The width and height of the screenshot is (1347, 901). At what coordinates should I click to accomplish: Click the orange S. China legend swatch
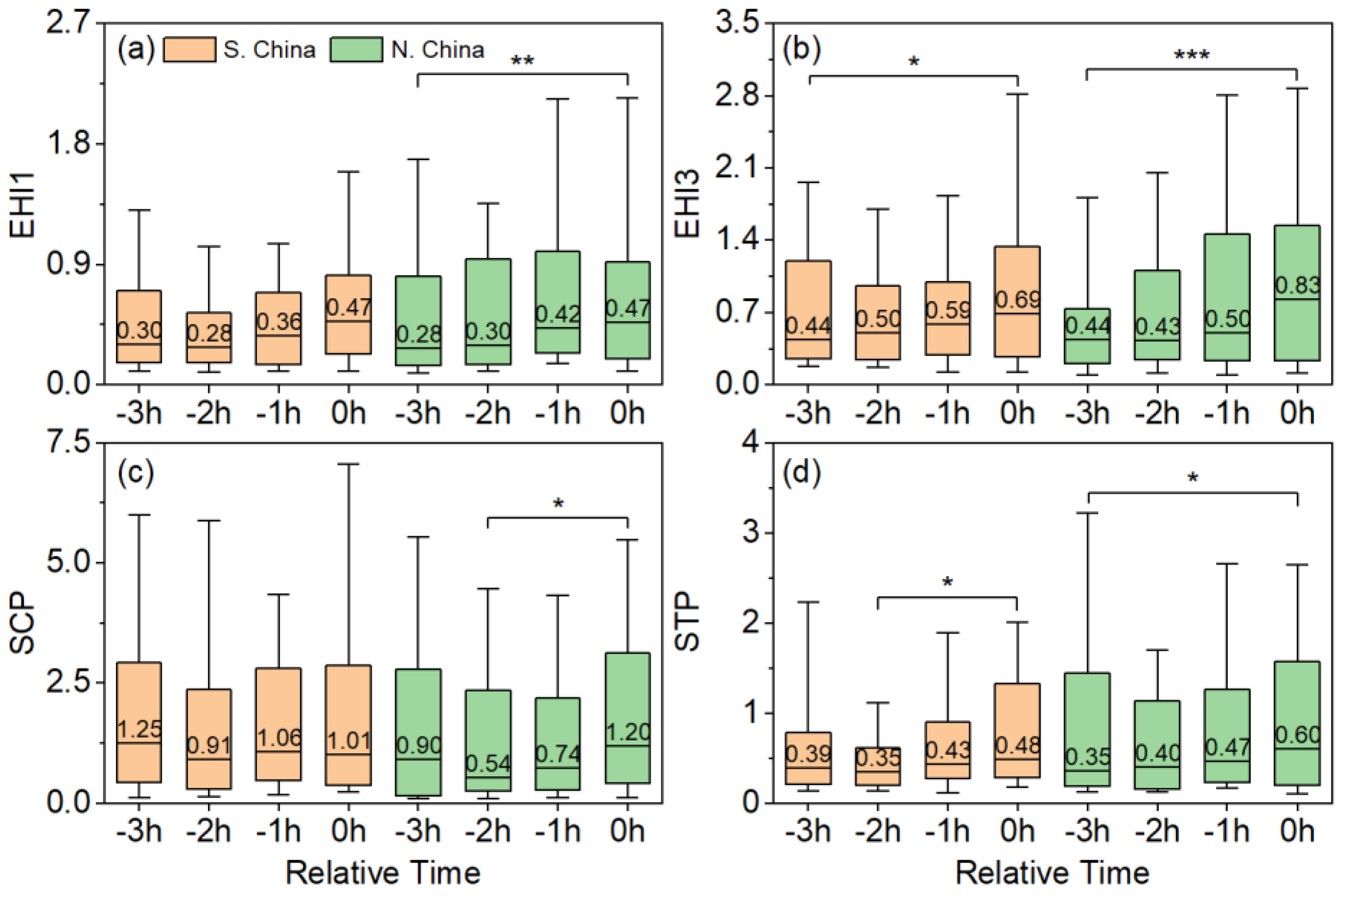190,49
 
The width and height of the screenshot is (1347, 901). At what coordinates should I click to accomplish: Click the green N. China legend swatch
356,49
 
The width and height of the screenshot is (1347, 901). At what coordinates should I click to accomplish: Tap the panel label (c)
136,473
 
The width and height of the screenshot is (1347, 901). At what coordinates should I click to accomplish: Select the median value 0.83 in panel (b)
1298,285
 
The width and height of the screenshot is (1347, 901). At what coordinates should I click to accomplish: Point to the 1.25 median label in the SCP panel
139,729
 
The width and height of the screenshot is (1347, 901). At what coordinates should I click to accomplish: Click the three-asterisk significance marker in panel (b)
1192,56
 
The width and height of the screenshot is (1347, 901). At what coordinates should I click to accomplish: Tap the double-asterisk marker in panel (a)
522,61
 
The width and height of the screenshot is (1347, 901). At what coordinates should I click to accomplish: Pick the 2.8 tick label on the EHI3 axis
737,95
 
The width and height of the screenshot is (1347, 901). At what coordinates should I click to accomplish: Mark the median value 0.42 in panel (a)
558,314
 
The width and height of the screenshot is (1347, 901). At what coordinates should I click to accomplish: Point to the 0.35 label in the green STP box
1088,757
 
